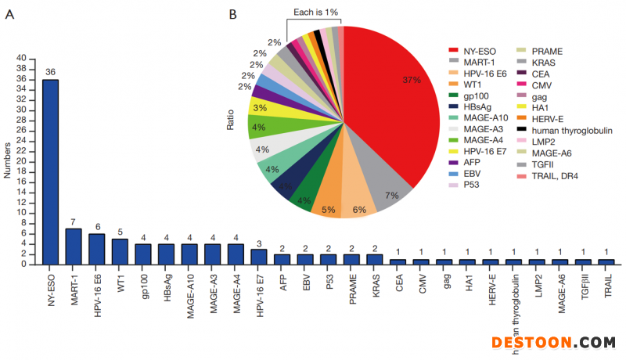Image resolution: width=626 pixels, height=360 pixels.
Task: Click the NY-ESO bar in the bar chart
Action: (50, 172)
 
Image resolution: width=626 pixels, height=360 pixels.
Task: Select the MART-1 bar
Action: (74, 247)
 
